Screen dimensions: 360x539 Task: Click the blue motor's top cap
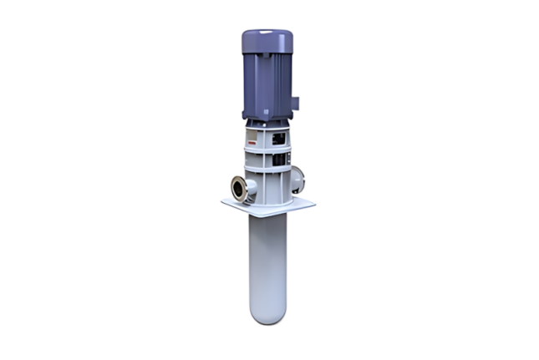pos(267,38)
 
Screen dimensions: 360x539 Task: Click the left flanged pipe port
pos(236,189)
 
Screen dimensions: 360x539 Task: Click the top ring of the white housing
pos(267,126)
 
